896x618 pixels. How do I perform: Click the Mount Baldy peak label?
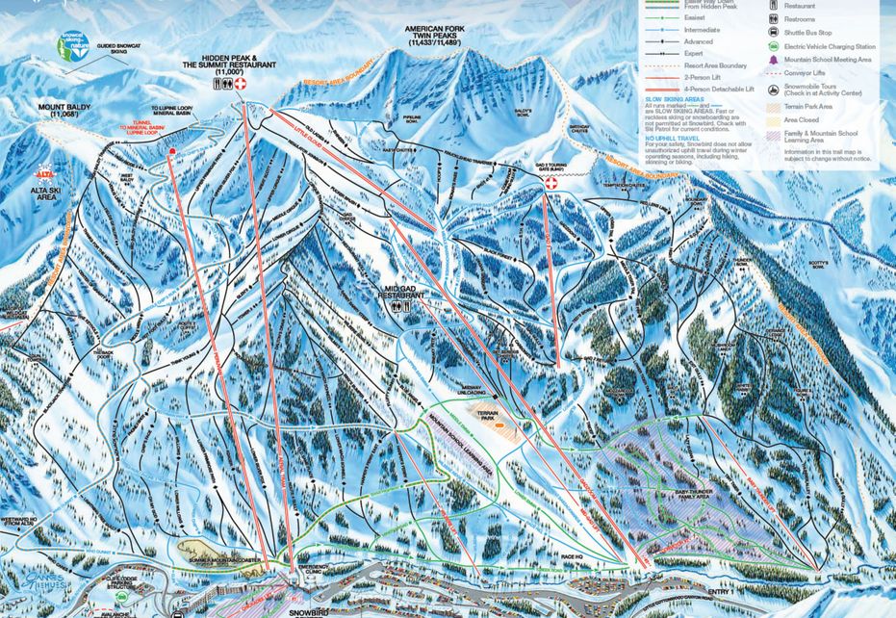[64, 111]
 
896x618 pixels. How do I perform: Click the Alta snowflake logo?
[43, 174]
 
